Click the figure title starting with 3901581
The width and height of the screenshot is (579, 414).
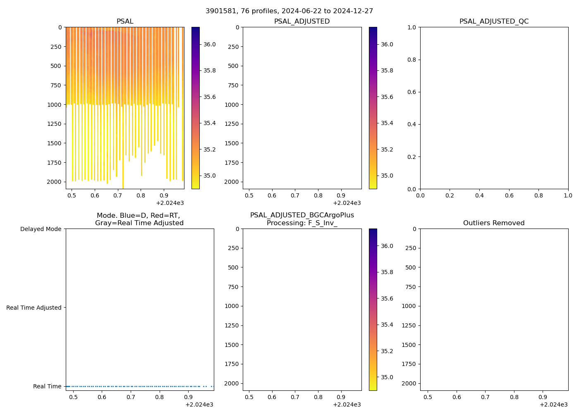coord(289,11)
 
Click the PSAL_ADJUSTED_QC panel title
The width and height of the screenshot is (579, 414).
coord(494,22)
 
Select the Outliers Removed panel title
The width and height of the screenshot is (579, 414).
coord(494,223)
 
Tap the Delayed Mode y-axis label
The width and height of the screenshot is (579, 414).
coord(41,229)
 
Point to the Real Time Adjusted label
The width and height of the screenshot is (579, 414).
coord(34,308)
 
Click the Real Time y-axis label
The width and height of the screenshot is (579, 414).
coord(47,386)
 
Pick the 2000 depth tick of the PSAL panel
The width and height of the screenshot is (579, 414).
coord(54,182)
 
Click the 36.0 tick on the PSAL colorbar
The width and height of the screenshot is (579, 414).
coord(209,44)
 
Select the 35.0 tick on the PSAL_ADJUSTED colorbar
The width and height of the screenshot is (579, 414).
coord(387,176)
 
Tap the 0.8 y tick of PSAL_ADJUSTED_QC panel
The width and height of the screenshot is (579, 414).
coord(412,60)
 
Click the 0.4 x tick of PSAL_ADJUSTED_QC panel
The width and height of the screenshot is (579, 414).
coord(479,195)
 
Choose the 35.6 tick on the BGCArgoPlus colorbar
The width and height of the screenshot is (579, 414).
coord(387,298)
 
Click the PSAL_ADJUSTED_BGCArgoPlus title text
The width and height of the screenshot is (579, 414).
coord(302,215)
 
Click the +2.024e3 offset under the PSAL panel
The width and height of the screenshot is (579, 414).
coord(170,203)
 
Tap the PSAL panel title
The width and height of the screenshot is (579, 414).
coord(125,22)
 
